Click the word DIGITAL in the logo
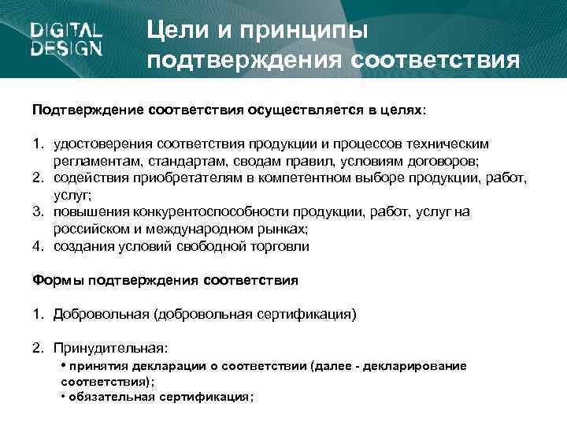67,32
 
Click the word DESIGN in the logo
67,49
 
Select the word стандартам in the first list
195,161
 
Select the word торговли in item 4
278,246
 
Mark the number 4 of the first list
37,246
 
